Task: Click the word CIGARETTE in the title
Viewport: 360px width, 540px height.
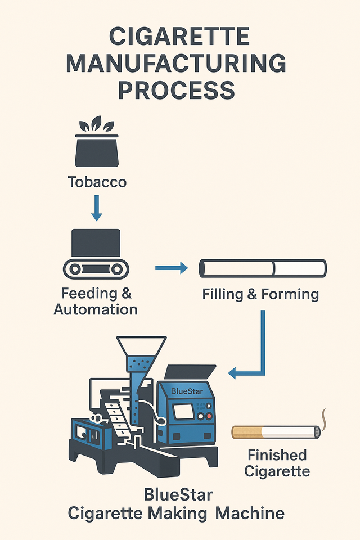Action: (180, 38)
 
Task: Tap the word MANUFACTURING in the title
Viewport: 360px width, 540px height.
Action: (180, 64)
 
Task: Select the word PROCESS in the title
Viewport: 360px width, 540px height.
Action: (180, 90)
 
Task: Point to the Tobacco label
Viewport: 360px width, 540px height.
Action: (97, 182)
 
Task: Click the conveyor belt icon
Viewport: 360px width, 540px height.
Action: (96, 269)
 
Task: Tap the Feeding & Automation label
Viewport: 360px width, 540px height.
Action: (96, 301)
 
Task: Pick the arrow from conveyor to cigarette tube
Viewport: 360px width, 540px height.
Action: (171, 269)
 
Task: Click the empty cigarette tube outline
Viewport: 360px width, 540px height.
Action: (263, 268)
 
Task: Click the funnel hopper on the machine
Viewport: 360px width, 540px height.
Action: (141, 352)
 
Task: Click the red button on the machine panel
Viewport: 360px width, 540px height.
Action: (209, 416)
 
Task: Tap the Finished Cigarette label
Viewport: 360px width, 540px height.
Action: (276, 462)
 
